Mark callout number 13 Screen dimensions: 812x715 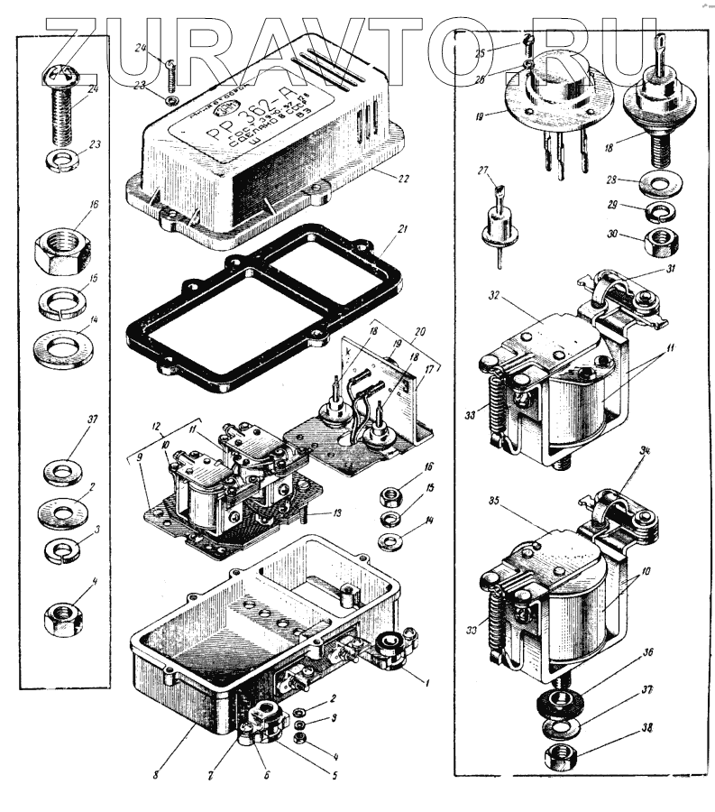(x=338, y=512)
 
